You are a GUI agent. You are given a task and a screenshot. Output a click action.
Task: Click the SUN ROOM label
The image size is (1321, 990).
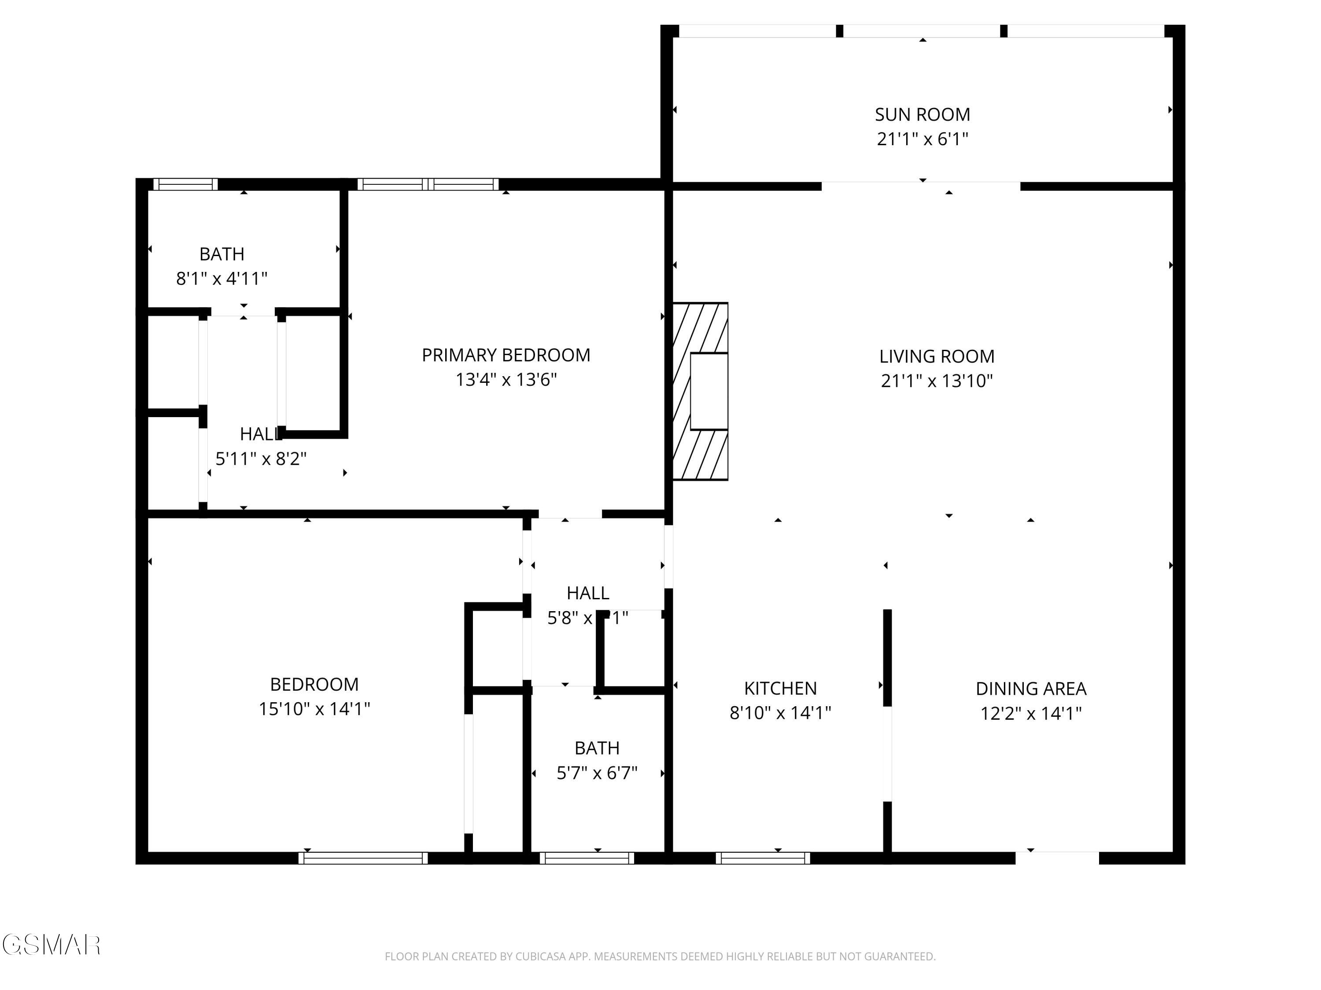[922, 114]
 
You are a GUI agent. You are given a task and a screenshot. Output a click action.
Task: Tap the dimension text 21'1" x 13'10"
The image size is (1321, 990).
[937, 381]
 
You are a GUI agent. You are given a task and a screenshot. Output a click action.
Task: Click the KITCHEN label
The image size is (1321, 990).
[780, 688]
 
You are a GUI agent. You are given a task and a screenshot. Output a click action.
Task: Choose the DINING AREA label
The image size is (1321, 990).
[1031, 689]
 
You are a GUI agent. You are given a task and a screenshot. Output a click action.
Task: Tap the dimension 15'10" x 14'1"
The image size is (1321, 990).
[314, 709]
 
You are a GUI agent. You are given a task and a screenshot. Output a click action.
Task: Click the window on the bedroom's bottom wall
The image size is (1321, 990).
[363, 858]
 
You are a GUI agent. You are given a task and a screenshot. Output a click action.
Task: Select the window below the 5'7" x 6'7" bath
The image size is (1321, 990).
[587, 858]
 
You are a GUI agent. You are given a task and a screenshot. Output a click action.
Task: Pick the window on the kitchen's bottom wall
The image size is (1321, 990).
[763, 858]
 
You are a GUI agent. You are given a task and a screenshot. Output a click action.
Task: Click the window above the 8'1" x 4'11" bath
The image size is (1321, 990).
[185, 184]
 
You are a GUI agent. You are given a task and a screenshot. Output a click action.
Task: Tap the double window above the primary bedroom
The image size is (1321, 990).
[428, 184]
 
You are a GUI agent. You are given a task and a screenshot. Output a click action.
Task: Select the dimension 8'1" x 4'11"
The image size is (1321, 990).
[221, 279]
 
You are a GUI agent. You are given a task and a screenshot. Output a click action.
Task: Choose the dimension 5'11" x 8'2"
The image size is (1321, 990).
[261, 459]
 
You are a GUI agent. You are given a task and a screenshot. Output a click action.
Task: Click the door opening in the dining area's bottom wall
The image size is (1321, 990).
[1057, 857]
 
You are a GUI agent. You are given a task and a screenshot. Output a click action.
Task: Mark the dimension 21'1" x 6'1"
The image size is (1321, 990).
[922, 139]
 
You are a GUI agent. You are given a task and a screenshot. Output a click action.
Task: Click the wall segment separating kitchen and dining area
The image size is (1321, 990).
[887, 656]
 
